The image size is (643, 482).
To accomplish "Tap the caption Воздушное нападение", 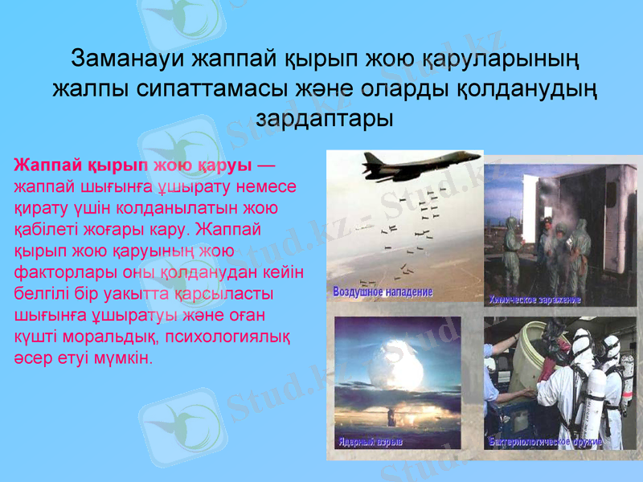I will click(383, 292).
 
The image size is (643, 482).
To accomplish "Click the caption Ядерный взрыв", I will click(371, 443).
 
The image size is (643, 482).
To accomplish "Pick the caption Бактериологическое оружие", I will click(545, 443).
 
